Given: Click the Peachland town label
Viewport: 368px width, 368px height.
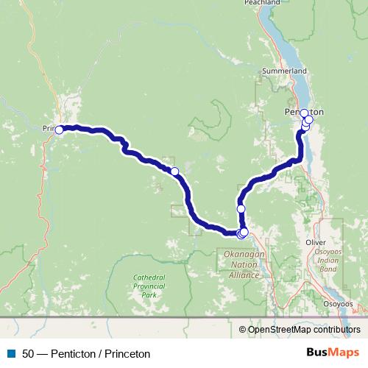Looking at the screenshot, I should click(x=262, y=3).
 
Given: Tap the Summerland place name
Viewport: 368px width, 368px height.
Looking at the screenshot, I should click(x=289, y=71).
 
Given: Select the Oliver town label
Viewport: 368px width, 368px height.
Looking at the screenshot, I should click(x=314, y=241).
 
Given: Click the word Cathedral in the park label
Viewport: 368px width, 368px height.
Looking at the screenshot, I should click(x=150, y=277).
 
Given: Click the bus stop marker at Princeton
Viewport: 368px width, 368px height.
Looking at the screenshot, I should click(x=59, y=130).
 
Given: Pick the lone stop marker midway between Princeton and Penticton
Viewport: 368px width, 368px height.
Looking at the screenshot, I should click(x=174, y=171).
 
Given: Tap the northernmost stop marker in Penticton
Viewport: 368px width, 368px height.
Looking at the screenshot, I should click(x=304, y=113).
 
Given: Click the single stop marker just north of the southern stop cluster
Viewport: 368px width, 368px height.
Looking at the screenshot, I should click(x=241, y=209).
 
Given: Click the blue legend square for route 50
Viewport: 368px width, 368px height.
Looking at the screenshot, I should click(x=10, y=354).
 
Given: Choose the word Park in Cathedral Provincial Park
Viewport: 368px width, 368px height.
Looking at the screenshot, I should click(x=150, y=294).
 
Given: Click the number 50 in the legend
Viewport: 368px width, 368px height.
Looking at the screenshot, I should click(x=28, y=354).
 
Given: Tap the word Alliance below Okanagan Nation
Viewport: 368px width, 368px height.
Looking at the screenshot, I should click(x=243, y=275).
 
